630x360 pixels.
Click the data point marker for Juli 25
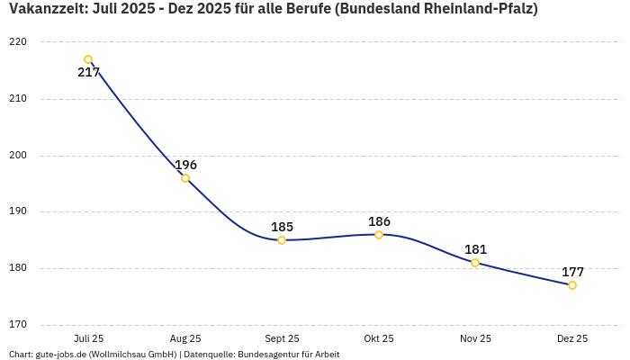[x=88, y=59]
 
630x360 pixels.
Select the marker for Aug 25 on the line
[x=185, y=178]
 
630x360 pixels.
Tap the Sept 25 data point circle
[x=282, y=240]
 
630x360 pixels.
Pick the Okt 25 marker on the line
[x=379, y=235]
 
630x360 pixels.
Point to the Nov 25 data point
[x=475, y=263]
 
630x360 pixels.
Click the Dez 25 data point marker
[x=572, y=285]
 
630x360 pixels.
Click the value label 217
[x=88, y=73]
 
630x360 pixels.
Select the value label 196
[x=185, y=165]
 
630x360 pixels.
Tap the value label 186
[x=379, y=221]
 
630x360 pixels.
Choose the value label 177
[x=572, y=272]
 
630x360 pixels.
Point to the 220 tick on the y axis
[x=19, y=42]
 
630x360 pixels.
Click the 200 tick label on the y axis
[x=19, y=156]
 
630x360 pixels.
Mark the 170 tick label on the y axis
[x=19, y=325]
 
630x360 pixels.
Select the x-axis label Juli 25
[x=88, y=339]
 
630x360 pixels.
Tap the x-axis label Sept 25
[x=282, y=339]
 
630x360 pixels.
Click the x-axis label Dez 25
[x=572, y=339]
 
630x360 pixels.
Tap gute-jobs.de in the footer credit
[x=60, y=355]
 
